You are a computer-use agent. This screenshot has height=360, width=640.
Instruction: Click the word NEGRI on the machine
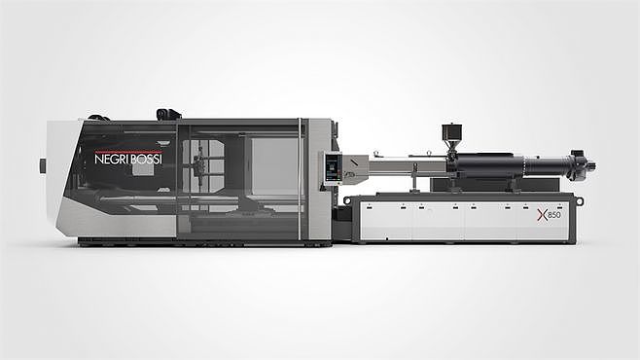112,159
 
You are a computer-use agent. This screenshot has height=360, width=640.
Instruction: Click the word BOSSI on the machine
147,159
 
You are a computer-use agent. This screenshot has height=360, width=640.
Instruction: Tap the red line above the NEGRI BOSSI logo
128,152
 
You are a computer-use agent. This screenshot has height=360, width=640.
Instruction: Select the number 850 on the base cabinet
553,215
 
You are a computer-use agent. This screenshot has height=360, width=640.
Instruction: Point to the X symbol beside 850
542,215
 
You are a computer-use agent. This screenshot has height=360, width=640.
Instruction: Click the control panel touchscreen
333,167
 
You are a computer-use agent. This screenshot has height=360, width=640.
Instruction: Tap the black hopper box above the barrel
451,131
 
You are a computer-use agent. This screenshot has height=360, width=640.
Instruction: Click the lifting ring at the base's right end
580,201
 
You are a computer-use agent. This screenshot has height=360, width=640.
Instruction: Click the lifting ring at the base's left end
347,200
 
